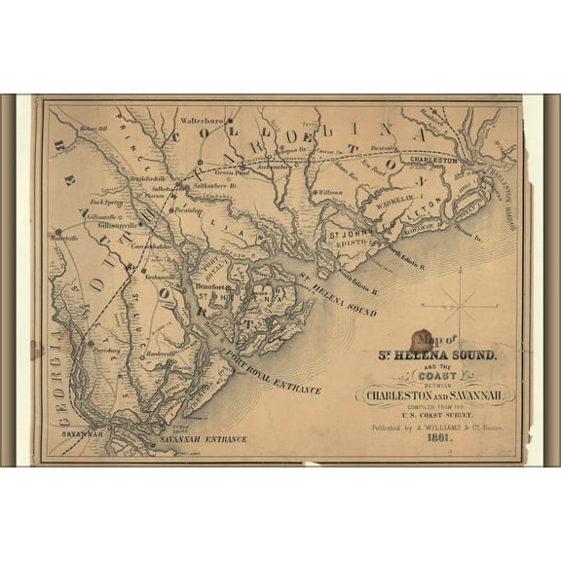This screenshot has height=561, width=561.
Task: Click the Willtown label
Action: (330, 192)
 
